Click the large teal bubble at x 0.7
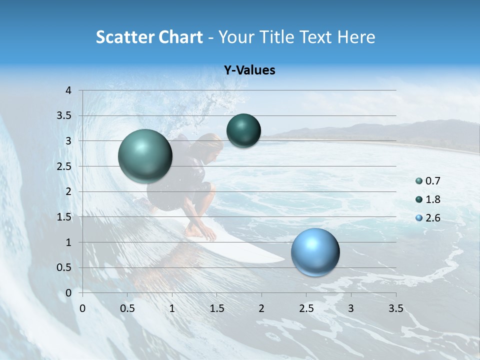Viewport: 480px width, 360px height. pos(145,156)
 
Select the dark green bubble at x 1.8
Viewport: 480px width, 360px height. pos(243,130)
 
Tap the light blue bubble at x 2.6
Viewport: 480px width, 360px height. pos(315,252)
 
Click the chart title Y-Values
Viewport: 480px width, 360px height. pos(249,70)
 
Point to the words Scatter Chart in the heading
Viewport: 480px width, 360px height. pos(149,37)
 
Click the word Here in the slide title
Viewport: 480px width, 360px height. pos(355,37)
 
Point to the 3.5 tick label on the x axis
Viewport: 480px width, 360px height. pos(395,308)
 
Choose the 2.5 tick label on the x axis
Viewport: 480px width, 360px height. pos(306,308)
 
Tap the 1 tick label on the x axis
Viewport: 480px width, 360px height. pos(172,308)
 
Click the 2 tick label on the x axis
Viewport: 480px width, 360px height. pos(261,308)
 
